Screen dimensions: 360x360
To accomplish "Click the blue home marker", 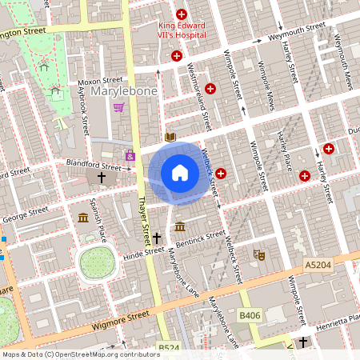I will pyautogui.click(x=180, y=173).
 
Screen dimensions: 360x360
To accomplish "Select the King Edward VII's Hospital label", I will pyautogui.click(x=182, y=30).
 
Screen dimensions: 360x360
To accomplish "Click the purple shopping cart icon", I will pyautogui.click(x=118, y=107).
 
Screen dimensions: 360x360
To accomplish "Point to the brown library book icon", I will pyautogui.click(x=170, y=137).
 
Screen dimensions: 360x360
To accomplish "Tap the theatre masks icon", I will pyautogui.click(x=258, y=254).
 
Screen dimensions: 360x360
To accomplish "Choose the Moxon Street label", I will pyautogui.click(x=100, y=81).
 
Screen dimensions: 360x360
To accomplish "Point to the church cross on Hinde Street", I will pyautogui.click(x=158, y=238).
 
